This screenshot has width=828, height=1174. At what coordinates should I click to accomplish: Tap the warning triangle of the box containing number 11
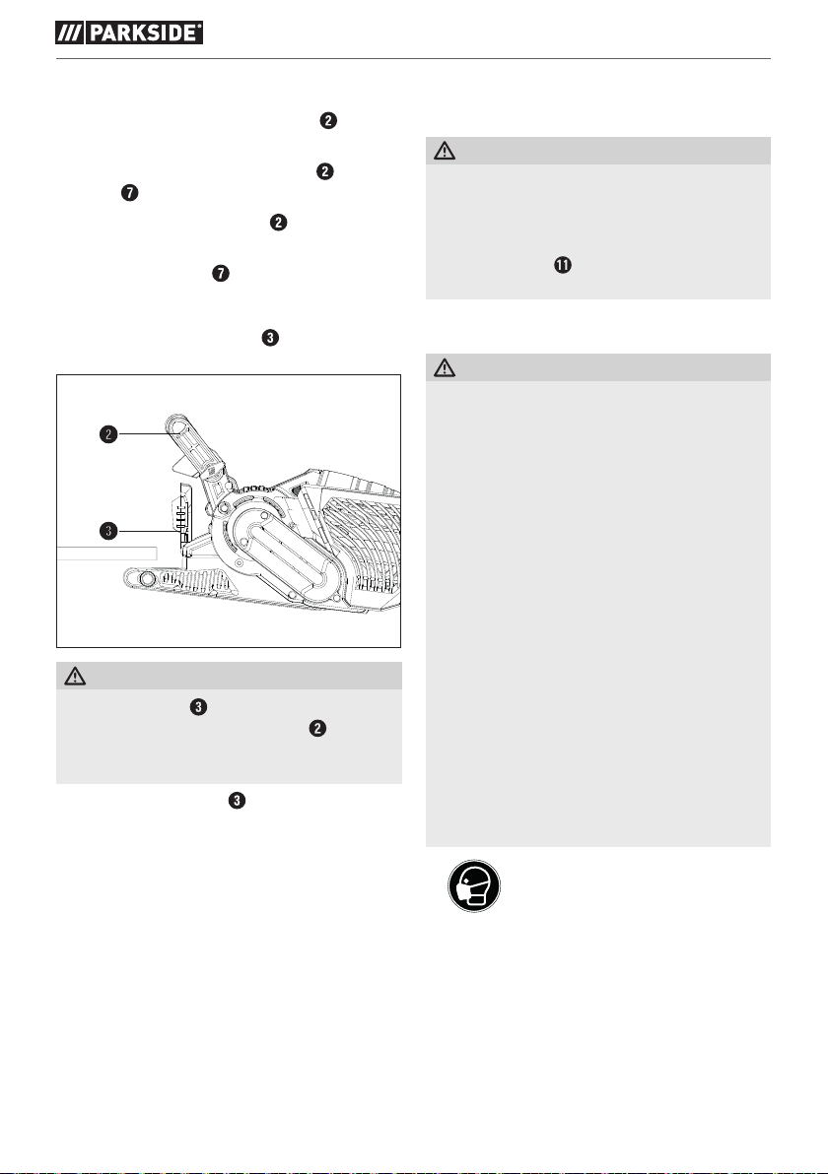click(446, 151)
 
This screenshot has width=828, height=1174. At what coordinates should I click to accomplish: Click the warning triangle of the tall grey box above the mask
click(446, 368)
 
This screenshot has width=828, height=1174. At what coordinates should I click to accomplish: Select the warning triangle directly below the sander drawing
click(77, 676)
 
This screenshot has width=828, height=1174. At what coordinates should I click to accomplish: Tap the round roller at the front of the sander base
click(146, 578)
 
